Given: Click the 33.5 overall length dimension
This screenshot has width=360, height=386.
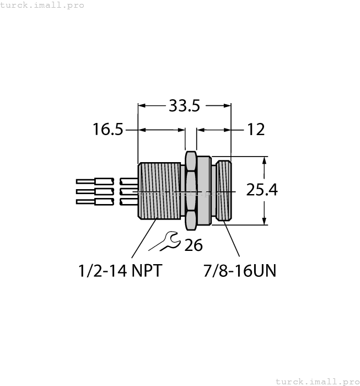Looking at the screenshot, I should coord(184,105).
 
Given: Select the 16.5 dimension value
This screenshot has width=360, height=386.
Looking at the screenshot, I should coord(108,130).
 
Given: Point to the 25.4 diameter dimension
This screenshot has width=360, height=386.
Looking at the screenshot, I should coord(261,190).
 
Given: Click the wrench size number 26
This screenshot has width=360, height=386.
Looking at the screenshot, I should coord(193,245).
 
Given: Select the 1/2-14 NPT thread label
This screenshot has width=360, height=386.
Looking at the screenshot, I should coord(120,271).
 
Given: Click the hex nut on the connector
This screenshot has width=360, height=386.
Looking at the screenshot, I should coord(190,190).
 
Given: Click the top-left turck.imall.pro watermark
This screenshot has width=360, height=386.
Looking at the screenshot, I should coord(42,5).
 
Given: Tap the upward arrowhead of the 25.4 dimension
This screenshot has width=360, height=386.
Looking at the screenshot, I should coord(265,161).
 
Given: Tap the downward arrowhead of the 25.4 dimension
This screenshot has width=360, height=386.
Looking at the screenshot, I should coord(265,220).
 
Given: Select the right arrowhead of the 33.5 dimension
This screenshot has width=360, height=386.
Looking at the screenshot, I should coord(227,105).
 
